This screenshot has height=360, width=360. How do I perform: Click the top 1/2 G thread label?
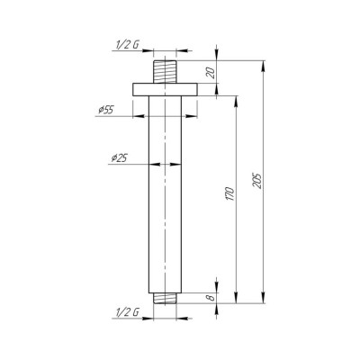(x=127, y=45)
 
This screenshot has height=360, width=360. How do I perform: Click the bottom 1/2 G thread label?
(x=127, y=313)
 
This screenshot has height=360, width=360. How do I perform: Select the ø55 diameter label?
(x=106, y=110)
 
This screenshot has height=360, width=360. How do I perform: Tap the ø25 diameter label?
(x=119, y=158)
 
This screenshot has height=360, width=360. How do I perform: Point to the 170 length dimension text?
(x=229, y=193)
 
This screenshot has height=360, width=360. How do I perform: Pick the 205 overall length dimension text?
(x=257, y=181)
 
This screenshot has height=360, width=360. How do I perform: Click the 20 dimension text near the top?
(x=211, y=73)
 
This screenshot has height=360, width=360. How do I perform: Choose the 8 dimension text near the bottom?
(x=211, y=297)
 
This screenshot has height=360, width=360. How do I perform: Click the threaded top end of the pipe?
(x=165, y=72)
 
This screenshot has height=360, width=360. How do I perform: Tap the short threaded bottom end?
(x=165, y=298)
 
